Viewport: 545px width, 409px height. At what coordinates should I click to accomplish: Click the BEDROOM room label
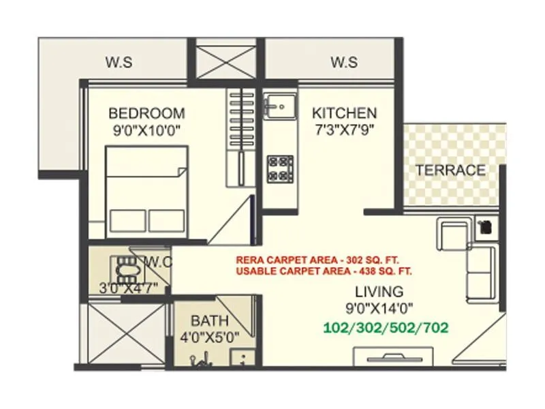pos(146,113)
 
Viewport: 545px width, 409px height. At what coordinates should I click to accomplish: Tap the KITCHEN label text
pos(344,112)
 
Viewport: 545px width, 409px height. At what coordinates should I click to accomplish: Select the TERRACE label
pos(450,170)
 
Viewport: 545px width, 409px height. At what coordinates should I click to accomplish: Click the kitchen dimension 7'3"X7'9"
pos(344,128)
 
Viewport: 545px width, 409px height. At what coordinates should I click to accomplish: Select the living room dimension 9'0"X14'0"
pos(379,307)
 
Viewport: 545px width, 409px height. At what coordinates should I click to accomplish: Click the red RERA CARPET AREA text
pos(317,260)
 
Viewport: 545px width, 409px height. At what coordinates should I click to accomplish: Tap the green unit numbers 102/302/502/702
pos(386,327)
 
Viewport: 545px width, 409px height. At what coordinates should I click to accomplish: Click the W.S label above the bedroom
pos(119,63)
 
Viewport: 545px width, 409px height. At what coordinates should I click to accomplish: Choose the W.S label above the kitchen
pos(344,63)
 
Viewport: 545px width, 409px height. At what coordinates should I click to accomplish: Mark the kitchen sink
pos(279,106)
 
